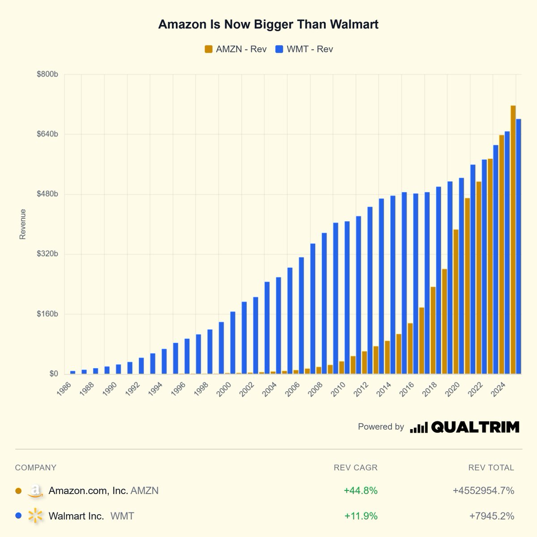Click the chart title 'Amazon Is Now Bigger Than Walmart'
(x=268, y=24)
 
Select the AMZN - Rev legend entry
(x=235, y=49)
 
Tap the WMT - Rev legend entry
(x=304, y=49)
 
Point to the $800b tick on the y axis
(x=47, y=74)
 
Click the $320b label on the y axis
(x=47, y=254)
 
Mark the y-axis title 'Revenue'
(x=23, y=224)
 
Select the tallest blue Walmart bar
(x=519, y=246)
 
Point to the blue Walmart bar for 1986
(x=72, y=372)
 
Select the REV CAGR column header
(x=355, y=468)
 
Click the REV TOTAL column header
(x=491, y=468)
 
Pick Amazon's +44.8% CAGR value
(x=361, y=490)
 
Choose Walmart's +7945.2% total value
(x=491, y=516)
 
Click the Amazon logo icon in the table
(x=35, y=491)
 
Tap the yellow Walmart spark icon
(x=35, y=516)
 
